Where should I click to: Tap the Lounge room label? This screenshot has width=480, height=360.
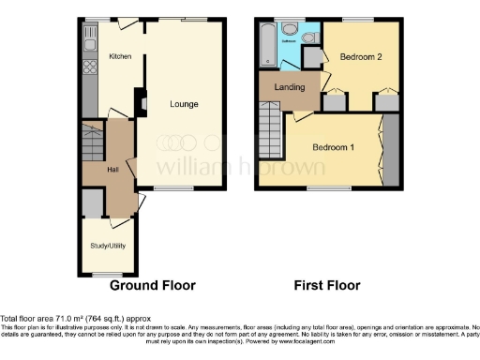(x=183, y=103)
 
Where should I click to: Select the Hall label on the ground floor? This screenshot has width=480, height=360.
(x=112, y=170)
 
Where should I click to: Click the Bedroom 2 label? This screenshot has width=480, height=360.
(x=360, y=57)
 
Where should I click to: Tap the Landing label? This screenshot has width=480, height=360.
(x=287, y=88)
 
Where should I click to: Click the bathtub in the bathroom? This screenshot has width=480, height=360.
(x=269, y=45)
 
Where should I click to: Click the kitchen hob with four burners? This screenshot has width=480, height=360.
(x=90, y=67)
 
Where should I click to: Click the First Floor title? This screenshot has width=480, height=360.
(x=327, y=285)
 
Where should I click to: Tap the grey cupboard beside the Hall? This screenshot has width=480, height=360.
(x=92, y=202)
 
